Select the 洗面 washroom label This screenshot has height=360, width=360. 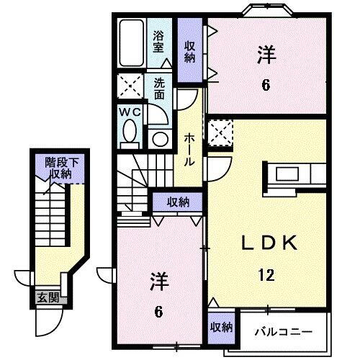159,88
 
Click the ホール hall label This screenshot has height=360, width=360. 188,147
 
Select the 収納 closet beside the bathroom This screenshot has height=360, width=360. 189,52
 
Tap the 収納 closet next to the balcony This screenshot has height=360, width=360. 222,327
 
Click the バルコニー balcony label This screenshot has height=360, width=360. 283,332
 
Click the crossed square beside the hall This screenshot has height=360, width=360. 217,132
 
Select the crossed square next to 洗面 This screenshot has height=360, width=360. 131,89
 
